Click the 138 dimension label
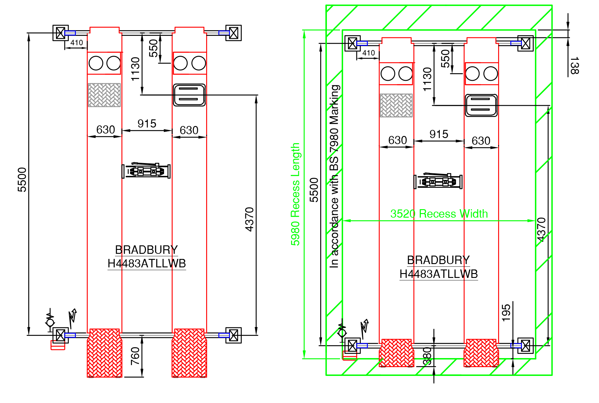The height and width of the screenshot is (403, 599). tap(574, 65)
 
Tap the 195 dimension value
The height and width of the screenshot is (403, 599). tap(506, 313)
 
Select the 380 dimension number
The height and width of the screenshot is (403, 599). tap(427, 357)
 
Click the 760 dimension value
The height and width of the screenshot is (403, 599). tap(135, 356)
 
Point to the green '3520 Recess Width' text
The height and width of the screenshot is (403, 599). tap(439, 214)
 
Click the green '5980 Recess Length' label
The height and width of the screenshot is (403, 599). tap(295, 194)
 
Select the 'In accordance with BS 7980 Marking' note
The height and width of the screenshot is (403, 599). tap(334, 176)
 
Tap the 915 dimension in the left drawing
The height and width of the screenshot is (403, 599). tap(147, 124)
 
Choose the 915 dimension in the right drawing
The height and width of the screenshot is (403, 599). tap(439, 134)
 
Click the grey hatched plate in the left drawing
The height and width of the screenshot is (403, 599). tap(104, 95)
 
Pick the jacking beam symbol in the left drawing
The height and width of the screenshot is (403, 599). tap(146, 171)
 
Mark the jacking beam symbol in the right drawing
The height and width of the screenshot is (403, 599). tap(438, 181)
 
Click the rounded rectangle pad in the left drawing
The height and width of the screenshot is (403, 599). tap(189, 95)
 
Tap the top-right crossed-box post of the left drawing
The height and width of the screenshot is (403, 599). tap(234, 33)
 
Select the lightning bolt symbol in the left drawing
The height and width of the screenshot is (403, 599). tap(73, 318)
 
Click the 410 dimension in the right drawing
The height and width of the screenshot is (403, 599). tap(369, 53)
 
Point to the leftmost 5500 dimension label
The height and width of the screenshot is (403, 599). tap(22, 180)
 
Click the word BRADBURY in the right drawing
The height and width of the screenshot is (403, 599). tap(438, 260)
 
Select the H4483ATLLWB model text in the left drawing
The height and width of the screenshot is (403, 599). tap(147, 263)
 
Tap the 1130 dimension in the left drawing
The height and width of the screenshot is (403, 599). tap(135, 69)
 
